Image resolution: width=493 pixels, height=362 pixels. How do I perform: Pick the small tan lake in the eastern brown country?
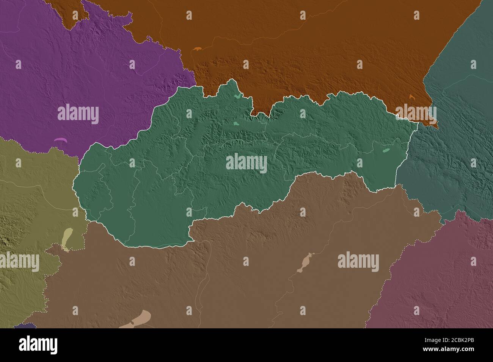point(306,263)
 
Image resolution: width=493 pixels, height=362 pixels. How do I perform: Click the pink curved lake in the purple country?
point(61,140)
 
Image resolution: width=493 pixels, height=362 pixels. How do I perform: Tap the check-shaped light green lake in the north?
point(237,96)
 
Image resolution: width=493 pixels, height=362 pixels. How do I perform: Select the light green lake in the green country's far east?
point(386,150)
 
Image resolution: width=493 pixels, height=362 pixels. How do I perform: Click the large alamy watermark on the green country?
point(246,163)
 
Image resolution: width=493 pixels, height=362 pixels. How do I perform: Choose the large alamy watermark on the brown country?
point(358,262)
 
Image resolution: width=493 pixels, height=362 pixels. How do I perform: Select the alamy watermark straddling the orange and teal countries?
point(416,113)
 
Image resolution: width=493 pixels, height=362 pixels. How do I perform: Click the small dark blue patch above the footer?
point(25,326)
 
